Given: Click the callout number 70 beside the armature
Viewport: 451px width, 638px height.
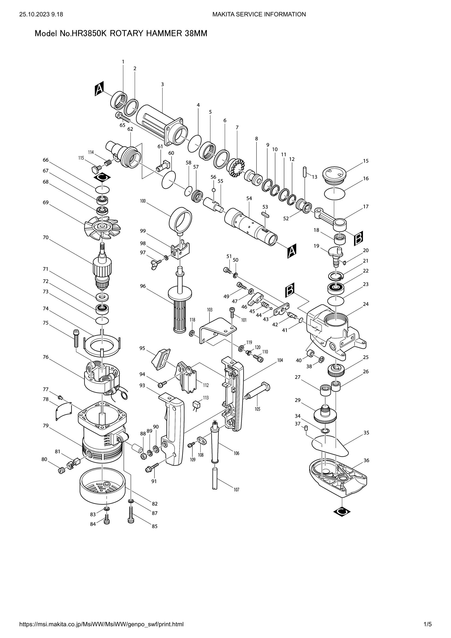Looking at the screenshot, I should point(46,237).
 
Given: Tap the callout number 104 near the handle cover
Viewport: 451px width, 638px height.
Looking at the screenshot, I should point(280,360).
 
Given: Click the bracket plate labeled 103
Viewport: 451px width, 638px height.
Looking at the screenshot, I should point(217,330).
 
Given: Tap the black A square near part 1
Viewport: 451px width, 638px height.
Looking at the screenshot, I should point(99,89).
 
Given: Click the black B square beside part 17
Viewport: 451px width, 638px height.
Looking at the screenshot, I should point(359,238).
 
